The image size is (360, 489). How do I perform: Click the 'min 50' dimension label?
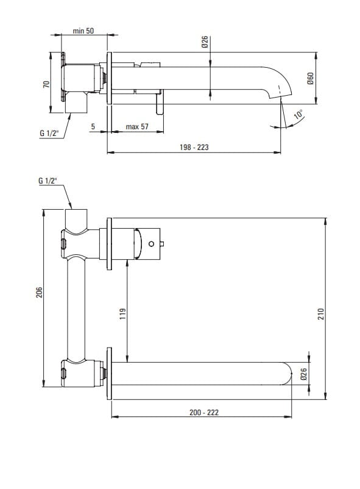point(83,31)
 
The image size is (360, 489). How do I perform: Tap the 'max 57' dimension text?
point(137,127)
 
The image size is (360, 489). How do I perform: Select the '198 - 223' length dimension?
point(194,147)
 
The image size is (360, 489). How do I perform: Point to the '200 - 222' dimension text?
point(204,412)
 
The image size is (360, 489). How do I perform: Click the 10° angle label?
point(298,114)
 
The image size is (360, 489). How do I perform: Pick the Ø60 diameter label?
point(310,79)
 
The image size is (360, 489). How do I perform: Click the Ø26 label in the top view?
point(205,42)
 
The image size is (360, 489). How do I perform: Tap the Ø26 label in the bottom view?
point(303,374)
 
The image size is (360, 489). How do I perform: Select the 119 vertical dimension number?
point(123,313)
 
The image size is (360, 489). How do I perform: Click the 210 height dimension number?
point(321,313)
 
